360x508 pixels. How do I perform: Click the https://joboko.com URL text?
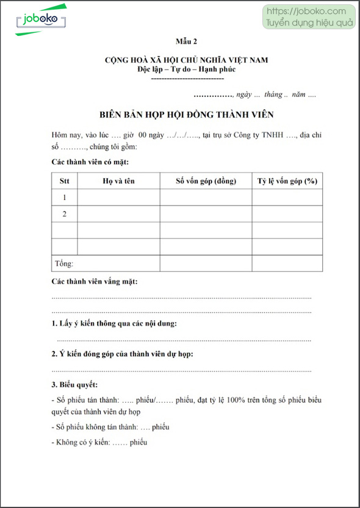pyautogui.click(x=306, y=11)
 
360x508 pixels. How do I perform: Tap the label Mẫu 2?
pyautogui.click(x=187, y=41)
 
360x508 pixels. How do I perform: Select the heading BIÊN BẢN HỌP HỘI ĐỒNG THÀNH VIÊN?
pyautogui.click(x=187, y=114)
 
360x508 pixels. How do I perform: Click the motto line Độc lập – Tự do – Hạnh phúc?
pyautogui.click(x=187, y=70)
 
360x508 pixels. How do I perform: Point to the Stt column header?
pyautogui.click(x=64, y=181)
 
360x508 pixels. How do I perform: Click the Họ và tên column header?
pyautogui.click(x=118, y=181)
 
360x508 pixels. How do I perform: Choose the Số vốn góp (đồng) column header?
pyautogui.click(x=206, y=181)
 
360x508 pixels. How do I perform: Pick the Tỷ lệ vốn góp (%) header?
pyautogui.click(x=287, y=181)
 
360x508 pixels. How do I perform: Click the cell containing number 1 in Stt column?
pyautogui.click(x=64, y=198)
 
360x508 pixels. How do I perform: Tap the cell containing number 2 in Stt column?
pyautogui.click(x=64, y=214)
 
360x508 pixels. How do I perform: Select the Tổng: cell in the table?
pyautogui.click(x=63, y=263)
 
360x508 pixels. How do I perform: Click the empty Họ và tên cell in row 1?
pyautogui.click(x=118, y=198)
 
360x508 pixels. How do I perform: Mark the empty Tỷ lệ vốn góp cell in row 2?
pyautogui.click(x=287, y=214)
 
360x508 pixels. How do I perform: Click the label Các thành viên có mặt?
pyautogui.click(x=90, y=162)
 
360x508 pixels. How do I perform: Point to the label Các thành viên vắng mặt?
pyautogui.click(x=95, y=281)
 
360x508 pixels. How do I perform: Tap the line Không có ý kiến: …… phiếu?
pyautogui.click(x=99, y=442)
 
